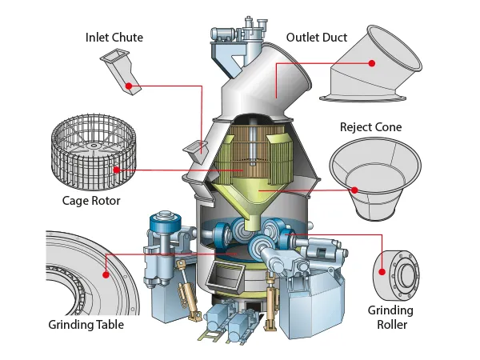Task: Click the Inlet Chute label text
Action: click(115, 37)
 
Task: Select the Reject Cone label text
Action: click(370, 127)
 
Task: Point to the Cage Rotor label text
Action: click(92, 201)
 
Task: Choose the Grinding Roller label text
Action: click(390, 317)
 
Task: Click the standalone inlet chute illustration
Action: click(121, 67)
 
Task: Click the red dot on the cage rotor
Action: click(117, 170)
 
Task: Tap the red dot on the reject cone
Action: click(354, 190)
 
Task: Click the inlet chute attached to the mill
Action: click(194, 147)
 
